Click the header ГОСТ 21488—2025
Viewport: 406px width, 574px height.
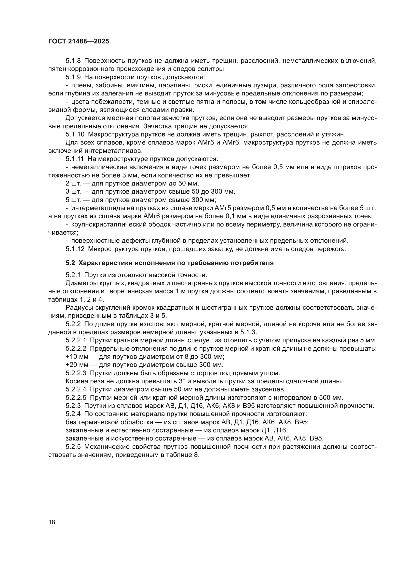pos(79,41)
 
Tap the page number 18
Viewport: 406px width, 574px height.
pos(52,522)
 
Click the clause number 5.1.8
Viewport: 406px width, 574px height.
pos(73,61)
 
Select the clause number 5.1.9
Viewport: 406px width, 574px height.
pos(73,77)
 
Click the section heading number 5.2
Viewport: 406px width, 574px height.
pos(70,263)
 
